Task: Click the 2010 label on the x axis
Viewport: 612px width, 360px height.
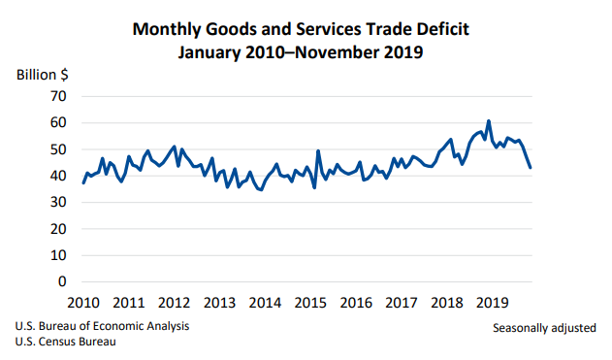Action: tap(82, 303)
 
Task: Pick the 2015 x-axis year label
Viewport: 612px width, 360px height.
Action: tap(310, 303)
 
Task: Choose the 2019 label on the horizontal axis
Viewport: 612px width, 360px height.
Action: tap(493, 303)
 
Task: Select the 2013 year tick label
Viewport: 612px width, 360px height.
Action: tap(219, 303)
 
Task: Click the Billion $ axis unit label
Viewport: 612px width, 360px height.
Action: tap(42, 74)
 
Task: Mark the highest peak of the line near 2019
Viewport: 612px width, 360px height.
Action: tap(488, 121)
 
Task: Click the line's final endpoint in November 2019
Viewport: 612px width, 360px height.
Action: tap(530, 168)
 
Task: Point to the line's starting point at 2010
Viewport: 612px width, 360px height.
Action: tap(83, 182)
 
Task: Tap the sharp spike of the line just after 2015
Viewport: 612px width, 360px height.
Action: tap(318, 151)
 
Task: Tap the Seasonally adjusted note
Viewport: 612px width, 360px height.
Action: tap(544, 328)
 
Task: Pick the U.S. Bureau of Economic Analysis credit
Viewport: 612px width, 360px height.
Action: tap(102, 325)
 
